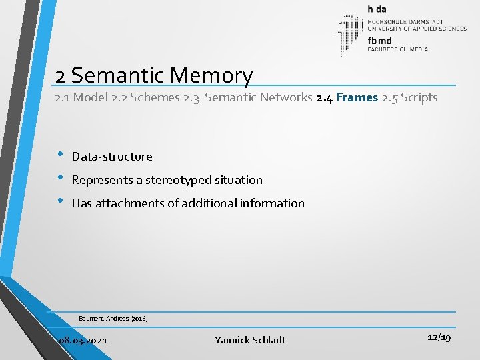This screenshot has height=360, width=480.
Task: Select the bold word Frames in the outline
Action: click(357, 97)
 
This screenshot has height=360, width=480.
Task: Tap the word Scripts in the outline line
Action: click(419, 97)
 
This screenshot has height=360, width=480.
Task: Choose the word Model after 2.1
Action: click(90, 97)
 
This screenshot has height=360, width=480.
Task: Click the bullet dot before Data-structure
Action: click(60, 155)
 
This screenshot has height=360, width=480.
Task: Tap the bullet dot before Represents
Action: click(60, 179)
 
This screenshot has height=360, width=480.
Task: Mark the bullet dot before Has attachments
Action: click(60, 202)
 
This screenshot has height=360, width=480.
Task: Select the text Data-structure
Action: click(112, 157)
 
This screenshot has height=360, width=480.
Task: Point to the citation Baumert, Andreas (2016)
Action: click(113, 319)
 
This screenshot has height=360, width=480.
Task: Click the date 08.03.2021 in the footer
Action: click(83, 340)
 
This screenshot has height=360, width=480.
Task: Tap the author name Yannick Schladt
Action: click(250, 340)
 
